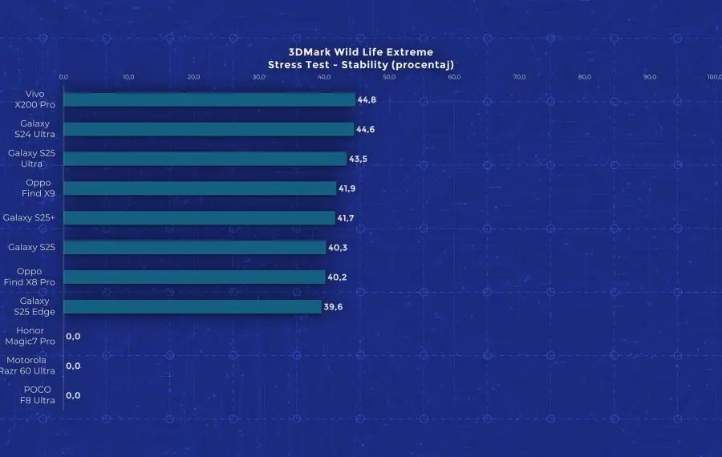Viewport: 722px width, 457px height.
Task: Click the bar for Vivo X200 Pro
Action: click(209, 99)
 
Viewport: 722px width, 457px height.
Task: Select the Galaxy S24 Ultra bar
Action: click(208, 129)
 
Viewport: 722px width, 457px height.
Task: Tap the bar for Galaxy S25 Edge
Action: click(192, 306)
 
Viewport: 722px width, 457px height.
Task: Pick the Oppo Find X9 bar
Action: click(199, 188)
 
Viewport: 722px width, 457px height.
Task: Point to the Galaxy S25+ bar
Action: click(198, 217)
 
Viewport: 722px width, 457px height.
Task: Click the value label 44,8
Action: click(367, 99)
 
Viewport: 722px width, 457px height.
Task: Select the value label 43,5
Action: click(359, 159)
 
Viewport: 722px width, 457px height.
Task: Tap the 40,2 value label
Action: click(337, 277)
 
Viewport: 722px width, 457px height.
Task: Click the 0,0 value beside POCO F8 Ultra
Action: click(73, 395)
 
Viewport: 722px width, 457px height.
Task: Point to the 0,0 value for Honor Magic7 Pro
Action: click(73, 336)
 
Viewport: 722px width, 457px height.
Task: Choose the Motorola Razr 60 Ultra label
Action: click(30, 366)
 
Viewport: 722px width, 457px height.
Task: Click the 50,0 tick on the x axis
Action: click(389, 77)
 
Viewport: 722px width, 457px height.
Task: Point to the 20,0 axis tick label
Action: click(193, 77)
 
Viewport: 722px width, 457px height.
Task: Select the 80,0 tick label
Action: click(585, 77)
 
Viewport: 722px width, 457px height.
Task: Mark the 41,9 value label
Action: click(347, 188)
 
